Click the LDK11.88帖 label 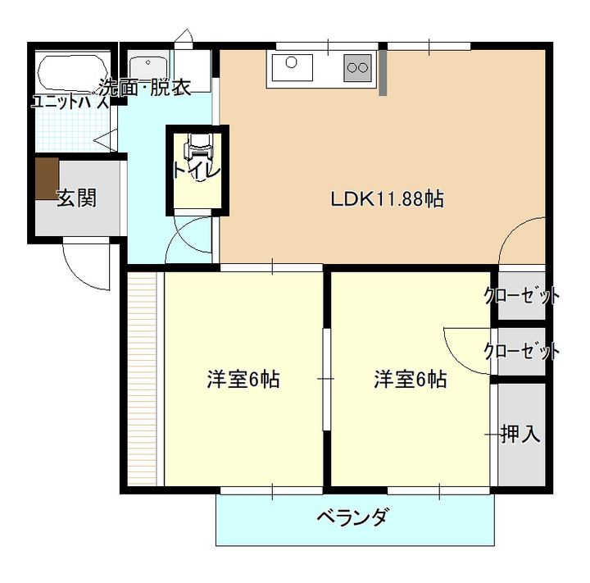point(388,198)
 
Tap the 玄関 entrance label point(76,198)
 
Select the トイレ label point(196,171)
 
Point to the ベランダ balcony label point(352,517)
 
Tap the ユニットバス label point(70,102)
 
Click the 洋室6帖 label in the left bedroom point(243,380)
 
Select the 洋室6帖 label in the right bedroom point(411,380)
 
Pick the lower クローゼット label point(522,351)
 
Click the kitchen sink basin point(293,66)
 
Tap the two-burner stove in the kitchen point(357,66)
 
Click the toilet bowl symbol point(197,148)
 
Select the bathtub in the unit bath point(71,73)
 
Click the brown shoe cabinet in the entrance point(47,178)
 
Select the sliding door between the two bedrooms point(325,379)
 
